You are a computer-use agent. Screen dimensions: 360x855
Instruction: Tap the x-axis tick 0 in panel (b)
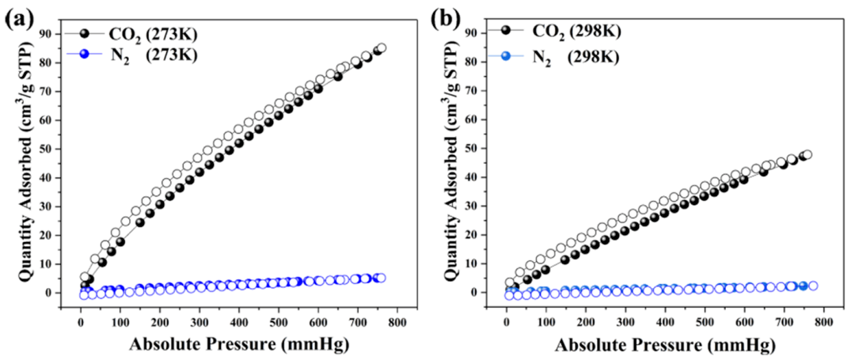pos(507,324)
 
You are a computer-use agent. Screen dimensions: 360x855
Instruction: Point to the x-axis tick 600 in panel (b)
pos(744,324)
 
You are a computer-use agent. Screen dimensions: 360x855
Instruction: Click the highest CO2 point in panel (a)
pos(381,48)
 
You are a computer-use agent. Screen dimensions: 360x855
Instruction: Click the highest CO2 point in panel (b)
pos(807,155)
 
